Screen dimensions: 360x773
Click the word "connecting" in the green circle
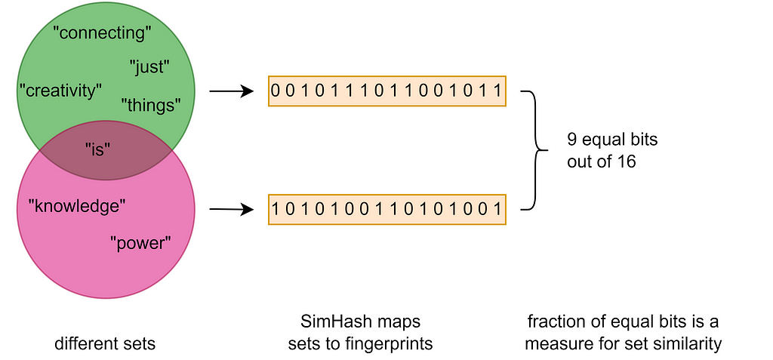[x=103, y=32]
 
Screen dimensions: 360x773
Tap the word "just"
[x=149, y=66]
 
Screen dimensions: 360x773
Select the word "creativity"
[x=60, y=91]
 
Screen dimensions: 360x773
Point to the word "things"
[x=151, y=105]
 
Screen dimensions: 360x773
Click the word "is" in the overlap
[x=98, y=149]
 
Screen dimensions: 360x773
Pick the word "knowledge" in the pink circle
[x=76, y=205]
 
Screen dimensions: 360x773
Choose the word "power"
[x=141, y=243]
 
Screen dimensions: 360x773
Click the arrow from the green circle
[x=231, y=92]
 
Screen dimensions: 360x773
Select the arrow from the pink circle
[x=231, y=209]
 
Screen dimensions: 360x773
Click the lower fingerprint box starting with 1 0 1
[x=386, y=209]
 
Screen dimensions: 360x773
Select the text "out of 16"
[x=601, y=161]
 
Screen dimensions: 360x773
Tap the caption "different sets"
[x=105, y=344]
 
